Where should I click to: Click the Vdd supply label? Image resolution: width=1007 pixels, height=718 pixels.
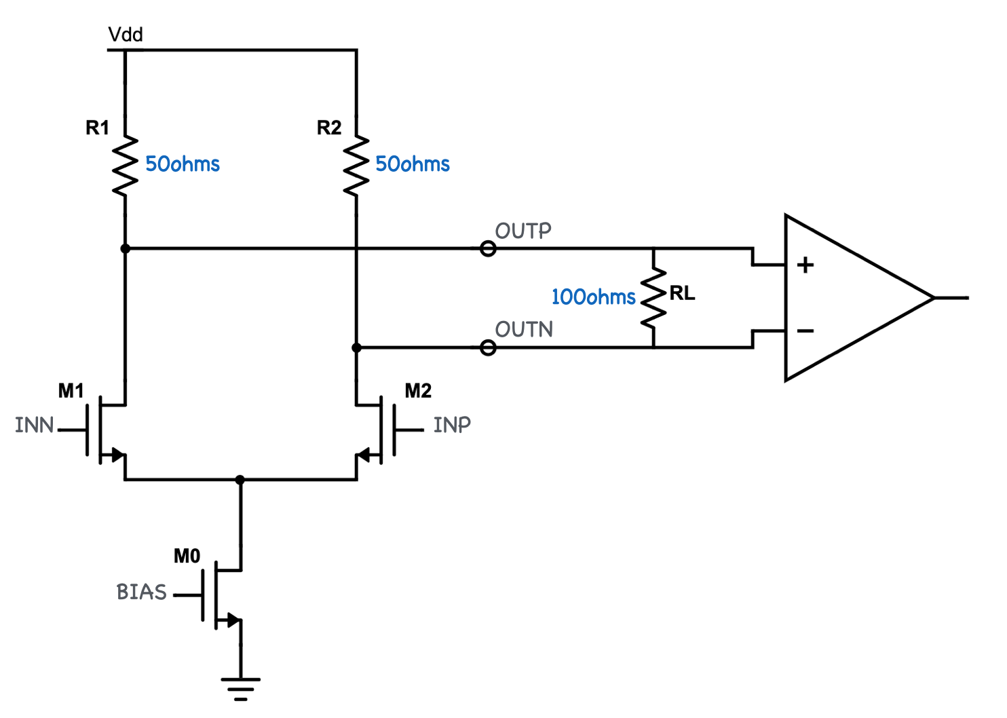click(126, 35)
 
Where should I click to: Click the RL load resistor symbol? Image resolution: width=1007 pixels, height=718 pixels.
click(653, 298)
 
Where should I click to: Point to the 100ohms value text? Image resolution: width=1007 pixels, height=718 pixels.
click(593, 297)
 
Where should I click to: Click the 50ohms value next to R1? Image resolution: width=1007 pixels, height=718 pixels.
click(183, 164)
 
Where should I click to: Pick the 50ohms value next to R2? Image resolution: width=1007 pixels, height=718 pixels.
click(413, 164)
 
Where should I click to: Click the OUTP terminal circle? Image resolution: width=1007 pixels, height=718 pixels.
click(488, 249)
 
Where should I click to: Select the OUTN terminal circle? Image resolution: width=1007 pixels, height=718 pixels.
click(488, 348)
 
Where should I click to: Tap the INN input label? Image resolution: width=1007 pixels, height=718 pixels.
click(34, 426)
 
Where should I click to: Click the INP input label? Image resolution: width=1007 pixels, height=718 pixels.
click(452, 425)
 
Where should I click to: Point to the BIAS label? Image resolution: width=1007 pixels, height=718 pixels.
click(141, 592)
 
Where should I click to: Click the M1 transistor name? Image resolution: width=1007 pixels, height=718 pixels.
click(71, 391)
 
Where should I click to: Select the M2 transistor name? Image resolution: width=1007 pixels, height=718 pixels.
click(418, 391)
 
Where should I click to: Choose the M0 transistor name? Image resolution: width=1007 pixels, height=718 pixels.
click(187, 556)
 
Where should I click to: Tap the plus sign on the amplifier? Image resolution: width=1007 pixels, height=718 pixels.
click(805, 265)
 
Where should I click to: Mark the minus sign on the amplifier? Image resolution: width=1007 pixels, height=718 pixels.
click(805, 331)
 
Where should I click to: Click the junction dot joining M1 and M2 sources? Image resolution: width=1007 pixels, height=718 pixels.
click(240, 480)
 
